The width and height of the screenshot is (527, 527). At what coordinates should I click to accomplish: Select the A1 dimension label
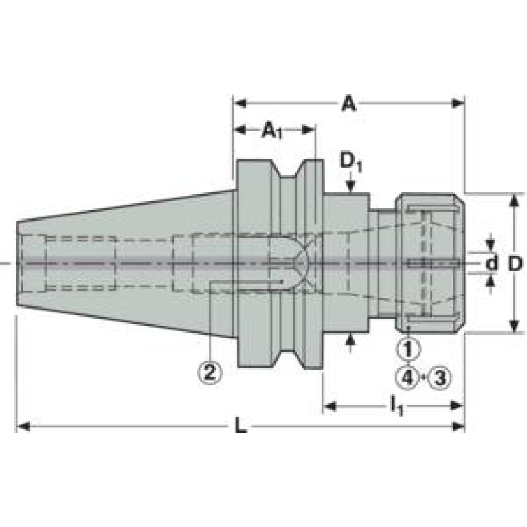click(x=271, y=131)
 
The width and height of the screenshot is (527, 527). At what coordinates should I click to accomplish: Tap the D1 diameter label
click(x=351, y=163)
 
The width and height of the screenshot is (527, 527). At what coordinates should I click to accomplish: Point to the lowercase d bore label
click(x=492, y=264)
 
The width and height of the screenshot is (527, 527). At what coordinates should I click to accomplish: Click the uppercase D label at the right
click(x=515, y=264)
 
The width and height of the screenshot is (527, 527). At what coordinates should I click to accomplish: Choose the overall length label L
click(x=240, y=427)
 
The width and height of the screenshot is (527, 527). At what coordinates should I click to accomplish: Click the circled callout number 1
click(x=408, y=349)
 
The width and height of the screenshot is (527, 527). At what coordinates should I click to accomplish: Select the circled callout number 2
click(x=210, y=372)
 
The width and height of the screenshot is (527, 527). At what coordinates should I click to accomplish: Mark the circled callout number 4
click(x=408, y=378)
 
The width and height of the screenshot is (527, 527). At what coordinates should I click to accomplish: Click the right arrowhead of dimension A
click(x=458, y=103)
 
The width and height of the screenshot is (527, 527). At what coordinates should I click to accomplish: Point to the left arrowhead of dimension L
click(x=23, y=427)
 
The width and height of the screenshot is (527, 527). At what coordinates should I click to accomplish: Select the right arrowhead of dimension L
click(x=458, y=427)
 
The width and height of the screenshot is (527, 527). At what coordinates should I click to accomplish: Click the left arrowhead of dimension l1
click(x=330, y=406)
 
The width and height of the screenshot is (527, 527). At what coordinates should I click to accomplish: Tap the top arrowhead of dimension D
click(x=513, y=201)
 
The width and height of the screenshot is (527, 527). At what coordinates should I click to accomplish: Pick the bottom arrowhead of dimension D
click(x=513, y=326)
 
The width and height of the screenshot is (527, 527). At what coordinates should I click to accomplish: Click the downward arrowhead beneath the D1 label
click(x=351, y=187)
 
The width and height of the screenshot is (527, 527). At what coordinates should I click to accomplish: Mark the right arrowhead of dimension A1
click(x=309, y=129)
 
